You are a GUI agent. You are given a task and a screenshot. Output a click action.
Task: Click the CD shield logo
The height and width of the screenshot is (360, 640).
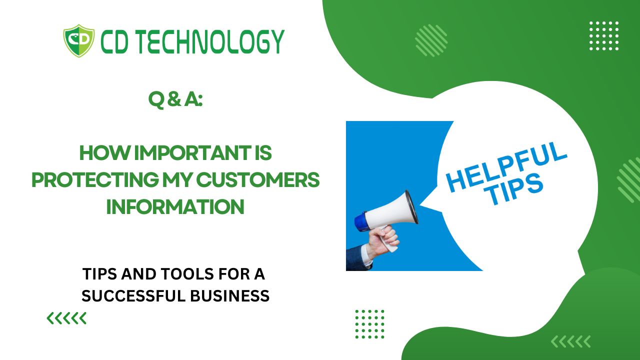pos(79,41)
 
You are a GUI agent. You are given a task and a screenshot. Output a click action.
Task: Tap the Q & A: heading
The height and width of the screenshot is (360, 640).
pos(175,100)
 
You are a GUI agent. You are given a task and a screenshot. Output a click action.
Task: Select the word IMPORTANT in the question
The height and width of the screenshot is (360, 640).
pos(192,153)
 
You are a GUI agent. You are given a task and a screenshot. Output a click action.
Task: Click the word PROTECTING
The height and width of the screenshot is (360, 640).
pos(95,180)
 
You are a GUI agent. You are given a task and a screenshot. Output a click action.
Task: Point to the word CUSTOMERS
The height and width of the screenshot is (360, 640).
pos(257,180)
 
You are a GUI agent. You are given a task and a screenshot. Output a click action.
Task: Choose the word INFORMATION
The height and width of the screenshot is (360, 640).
pos(175,206)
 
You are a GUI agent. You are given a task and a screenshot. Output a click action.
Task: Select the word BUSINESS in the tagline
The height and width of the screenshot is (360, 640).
pos(230,295)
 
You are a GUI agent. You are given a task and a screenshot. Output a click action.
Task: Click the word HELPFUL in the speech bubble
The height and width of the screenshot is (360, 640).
pos(506,167)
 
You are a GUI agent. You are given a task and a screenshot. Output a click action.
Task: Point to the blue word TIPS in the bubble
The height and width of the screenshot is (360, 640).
pos(515,189)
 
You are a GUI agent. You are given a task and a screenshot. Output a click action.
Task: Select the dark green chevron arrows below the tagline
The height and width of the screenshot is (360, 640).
pos(66,318)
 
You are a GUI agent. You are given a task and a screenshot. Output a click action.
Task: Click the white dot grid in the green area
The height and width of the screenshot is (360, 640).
pos(604,35)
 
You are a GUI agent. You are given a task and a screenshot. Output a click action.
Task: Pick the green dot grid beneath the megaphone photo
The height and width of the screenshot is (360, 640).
pos(369,324)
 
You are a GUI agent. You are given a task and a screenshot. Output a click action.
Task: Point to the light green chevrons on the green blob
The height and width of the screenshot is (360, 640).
pos(570,341)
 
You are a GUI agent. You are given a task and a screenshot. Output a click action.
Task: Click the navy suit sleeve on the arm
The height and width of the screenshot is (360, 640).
pos(357,258)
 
